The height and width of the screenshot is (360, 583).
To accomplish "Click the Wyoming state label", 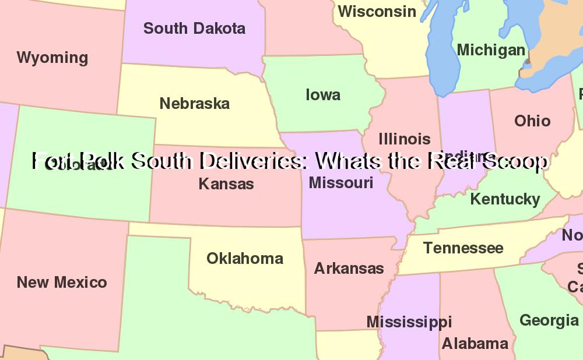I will point(52,58).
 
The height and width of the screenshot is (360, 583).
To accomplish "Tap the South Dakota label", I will point(194,28).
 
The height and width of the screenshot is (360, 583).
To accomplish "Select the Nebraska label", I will point(195,104).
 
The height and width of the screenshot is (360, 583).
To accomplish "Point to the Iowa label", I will point(323,94).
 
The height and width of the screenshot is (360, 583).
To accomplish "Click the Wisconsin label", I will point(377,11).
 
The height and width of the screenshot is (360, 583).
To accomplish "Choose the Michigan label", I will point(491,50).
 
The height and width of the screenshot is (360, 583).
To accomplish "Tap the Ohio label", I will point(532,121).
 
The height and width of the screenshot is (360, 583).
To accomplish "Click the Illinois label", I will point(405,139).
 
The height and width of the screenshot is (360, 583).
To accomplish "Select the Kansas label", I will point(226,183).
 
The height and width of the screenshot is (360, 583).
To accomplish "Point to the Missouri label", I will point(341,182).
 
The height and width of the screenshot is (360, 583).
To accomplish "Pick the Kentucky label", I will point(505,199).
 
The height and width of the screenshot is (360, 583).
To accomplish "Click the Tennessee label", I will point(463,248).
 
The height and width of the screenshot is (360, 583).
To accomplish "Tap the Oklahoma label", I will point(245,258).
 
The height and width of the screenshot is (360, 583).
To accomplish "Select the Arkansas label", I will point(349,268).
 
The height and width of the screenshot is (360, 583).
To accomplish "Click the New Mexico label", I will point(62,282).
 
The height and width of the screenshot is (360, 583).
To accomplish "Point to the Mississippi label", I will point(409,322).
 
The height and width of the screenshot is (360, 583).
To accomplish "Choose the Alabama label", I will point(475,343).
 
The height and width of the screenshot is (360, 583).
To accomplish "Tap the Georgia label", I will point(549,320).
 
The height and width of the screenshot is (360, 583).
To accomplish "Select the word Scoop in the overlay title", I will point(515,161).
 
